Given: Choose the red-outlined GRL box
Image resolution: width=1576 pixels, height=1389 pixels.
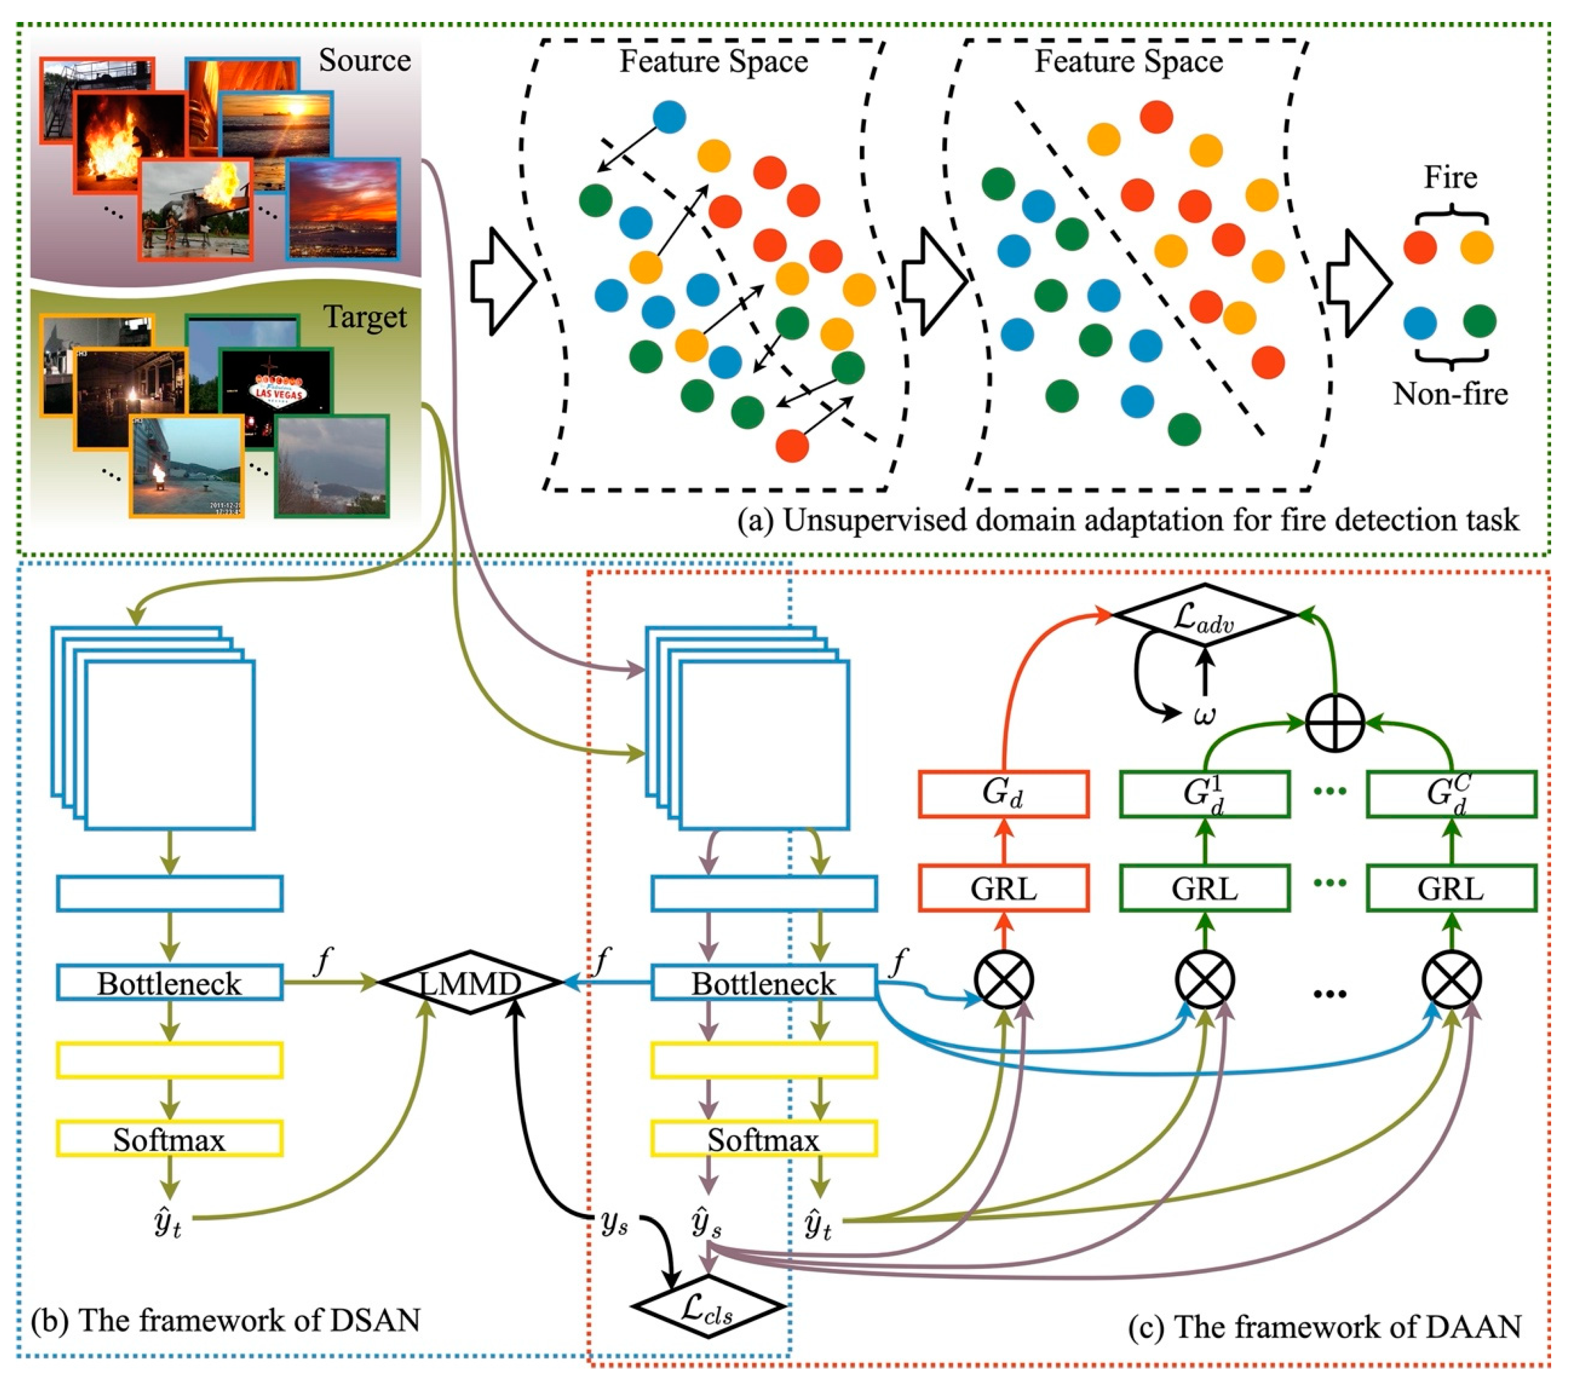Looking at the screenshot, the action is (1004, 888).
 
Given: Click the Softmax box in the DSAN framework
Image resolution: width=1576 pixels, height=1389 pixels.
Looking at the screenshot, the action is (170, 1138).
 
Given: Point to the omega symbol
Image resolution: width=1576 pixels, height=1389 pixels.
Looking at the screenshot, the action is (1204, 716).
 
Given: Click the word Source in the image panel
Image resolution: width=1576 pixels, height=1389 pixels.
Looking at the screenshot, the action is (365, 60).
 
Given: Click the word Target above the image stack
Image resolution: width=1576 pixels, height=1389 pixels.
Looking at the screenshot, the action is (365, 317).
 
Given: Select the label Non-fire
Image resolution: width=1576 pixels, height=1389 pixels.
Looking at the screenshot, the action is (1450, 394).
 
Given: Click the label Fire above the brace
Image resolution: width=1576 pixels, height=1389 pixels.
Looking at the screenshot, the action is (1450, 177).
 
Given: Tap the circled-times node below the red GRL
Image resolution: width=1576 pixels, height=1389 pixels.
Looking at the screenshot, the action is (1004, 981).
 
